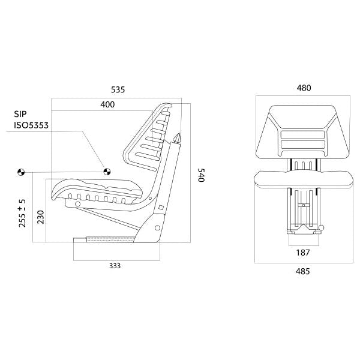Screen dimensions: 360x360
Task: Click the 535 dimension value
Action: (x=118, y=89)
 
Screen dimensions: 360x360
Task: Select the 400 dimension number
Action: (x=107, y=104)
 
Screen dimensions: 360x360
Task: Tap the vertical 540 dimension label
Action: (x=201, y=176)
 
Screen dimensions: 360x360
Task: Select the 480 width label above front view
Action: (x=304, y=88)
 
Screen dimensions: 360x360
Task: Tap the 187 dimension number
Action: (x=303, y=253)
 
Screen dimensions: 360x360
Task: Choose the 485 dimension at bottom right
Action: (x=303, y=271)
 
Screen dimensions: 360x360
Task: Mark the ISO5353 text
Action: (x=31, y=125)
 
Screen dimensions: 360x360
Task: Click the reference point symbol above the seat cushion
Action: (x=107, y=171)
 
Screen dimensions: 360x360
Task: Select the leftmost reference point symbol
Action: (x=21, y=172)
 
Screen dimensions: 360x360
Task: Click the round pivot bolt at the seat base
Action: (x=157, y=228)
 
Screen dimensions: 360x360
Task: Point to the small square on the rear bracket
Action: (x=160, y=209)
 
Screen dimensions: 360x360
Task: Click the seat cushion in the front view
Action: (x=303, y=177)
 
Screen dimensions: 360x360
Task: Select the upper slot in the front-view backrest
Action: (x=303, y=135)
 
